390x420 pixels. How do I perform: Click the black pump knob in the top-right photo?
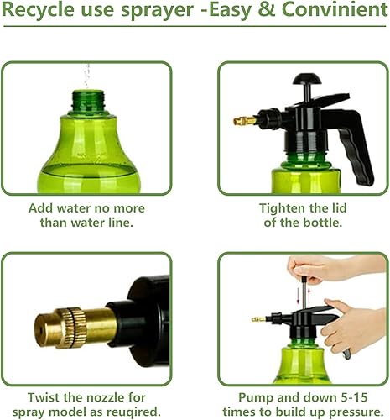pyautogui.click(x=303, y=81)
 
